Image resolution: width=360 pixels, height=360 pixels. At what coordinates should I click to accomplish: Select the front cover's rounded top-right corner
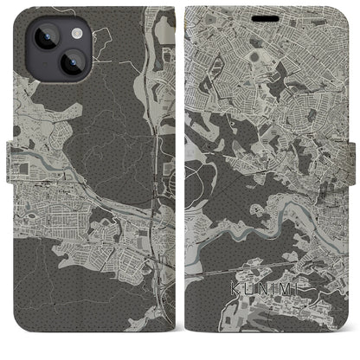click(x=343, y=12)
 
